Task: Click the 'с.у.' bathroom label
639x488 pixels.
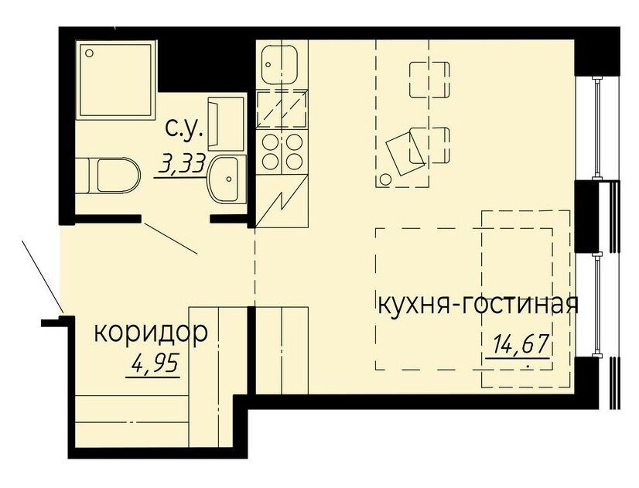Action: pyautogui.click(x=184, y=130)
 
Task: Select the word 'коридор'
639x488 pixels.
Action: pyautogui.click(x=151, y=333)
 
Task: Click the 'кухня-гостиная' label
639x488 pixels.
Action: pyautogui.click(x=478, y=305)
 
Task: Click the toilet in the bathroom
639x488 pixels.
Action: pyautogui.click(x=108, y=176)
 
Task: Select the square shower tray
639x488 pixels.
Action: pyautogui.click(x=116, y=80)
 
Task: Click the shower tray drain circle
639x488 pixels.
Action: pyautogui.click(x=90, y=53)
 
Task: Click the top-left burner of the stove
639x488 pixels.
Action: pyautogui.click(x=270, y=142)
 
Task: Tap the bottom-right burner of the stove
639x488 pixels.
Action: pyautogui.click(x=293, y=162)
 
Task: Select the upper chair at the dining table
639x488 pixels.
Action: pyautogui.click(x=429, y=80)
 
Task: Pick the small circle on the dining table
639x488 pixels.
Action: pyautogui.click(x=385, y=179)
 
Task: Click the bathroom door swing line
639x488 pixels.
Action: pyautogui.click(x=171, y=238)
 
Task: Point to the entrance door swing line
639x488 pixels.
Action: pyautogui.click(x=42, y=276)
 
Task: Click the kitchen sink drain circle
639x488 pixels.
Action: pyautogui.click(x=268, y=64)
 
